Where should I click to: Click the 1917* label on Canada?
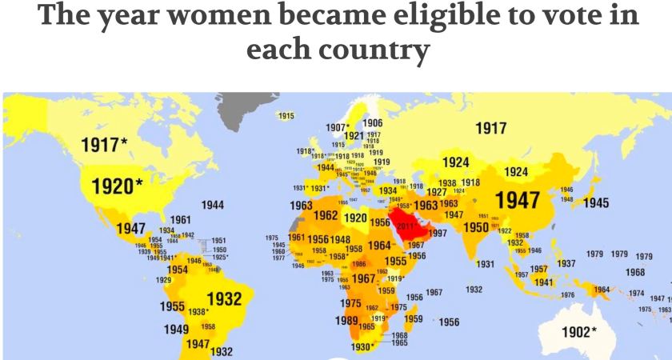click(104, 145)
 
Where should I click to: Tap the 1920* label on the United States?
click(117, 186)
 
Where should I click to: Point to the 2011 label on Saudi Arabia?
click(406, 226)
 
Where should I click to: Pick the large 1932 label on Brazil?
click(224, 299)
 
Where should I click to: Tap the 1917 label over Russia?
click(490, 128)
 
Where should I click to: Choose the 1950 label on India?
click(476, 227)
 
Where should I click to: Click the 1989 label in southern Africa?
click(346, 321)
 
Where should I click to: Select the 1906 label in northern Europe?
click(372, 122)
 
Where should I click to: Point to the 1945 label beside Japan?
click(595, 203)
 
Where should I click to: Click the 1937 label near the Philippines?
click(566, 263)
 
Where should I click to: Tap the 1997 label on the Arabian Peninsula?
click(437, 233)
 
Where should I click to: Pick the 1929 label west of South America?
click(163, 280)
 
